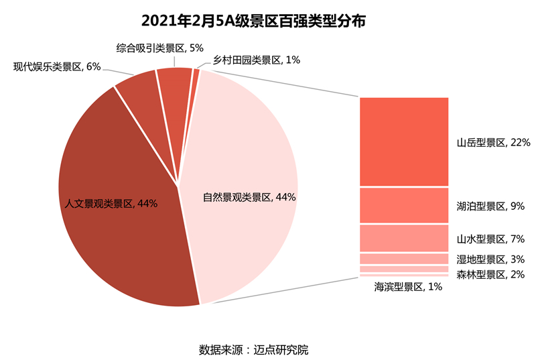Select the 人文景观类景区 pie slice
click(x=114, y=221)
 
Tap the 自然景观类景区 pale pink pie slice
click(x=248, y=154)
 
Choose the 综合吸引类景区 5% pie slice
click(x=175, y=87)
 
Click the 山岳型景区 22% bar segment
click(x=403, y=141)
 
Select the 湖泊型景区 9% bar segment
click(x=403, y=205)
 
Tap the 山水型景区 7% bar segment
click(x=403, y=238)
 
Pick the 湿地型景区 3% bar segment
click(x=403, y=259)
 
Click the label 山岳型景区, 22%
click(x=494, y=143)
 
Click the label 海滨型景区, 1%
click(x=408, y=288)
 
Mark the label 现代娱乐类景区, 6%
click(x=57, y=66)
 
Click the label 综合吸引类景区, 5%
click(x=159, y=48)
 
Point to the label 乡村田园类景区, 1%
click(x=256, y=60)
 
